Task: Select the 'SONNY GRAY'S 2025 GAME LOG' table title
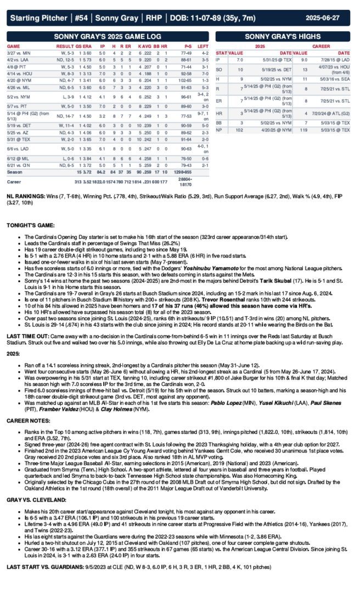108,36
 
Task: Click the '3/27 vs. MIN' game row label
19,53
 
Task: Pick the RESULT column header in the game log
65,46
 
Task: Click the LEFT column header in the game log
203,46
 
